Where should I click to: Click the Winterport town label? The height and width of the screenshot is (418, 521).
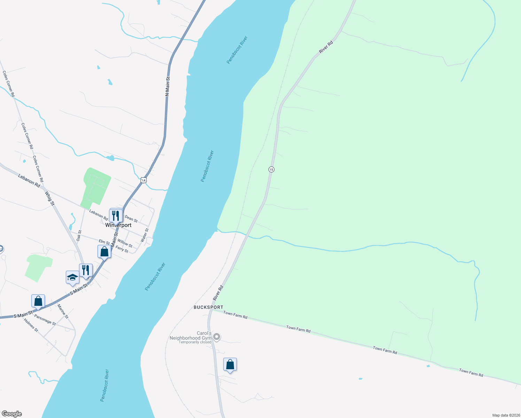click(118, 225)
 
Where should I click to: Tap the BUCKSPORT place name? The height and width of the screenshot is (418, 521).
click(208, 307)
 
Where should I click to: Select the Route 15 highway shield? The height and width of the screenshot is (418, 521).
click(271, 169)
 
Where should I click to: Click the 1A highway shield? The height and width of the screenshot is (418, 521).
click(143, 180)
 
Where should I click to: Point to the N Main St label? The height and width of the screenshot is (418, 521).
click(168, 86)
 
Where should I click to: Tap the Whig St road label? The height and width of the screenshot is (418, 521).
click(50, 198)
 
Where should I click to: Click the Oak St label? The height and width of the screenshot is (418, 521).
click(79, 235)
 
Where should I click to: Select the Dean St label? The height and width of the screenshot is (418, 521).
click(131, 218)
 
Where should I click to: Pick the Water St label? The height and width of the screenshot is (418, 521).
click(144, 235)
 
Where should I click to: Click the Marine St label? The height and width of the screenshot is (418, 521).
click(63, 311)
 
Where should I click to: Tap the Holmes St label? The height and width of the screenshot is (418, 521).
click(31, 325)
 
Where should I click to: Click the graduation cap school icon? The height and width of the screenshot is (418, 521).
click(72, 277)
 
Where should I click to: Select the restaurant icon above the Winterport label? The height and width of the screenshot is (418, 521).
click(116, 215)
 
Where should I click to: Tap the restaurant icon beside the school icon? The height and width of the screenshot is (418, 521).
click(86, 270)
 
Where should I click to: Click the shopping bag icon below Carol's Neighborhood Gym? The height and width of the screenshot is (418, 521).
click(230, 364)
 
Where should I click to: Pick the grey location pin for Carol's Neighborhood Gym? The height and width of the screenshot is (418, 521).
click(217, 336)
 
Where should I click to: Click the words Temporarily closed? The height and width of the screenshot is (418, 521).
click(195, 342)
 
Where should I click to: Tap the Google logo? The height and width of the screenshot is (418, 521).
click(11, 414)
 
